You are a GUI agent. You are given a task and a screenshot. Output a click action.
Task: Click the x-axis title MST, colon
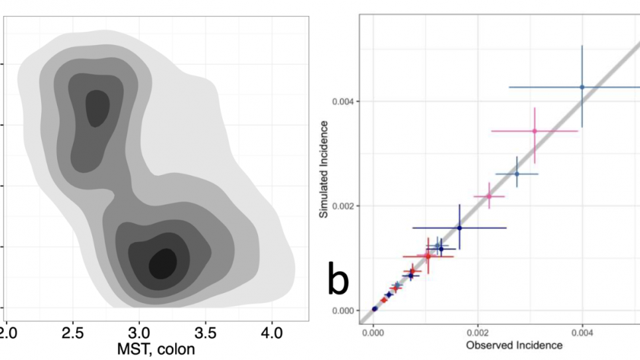coord(156,347)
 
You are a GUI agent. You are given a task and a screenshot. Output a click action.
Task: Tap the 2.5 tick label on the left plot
coord(72,330)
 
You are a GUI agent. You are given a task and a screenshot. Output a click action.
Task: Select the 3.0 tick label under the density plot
coord(139,330)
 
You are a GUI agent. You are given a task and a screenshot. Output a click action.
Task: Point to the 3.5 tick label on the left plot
coord(206,330)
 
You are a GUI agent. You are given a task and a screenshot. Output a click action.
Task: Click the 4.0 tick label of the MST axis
coord(272,330)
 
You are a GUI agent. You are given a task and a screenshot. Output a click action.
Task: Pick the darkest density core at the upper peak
coord(97,107)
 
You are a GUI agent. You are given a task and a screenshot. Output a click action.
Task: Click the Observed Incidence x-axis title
coord(515,345)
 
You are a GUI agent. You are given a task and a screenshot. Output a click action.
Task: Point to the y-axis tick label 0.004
coord(344,101)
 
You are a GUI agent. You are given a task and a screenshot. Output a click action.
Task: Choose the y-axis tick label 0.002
coord(344,206)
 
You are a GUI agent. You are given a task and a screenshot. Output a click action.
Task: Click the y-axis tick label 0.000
coord(344,310)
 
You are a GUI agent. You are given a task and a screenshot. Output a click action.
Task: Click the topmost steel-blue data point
coord(582,87)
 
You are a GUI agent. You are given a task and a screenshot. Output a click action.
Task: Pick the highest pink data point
coord(535,131)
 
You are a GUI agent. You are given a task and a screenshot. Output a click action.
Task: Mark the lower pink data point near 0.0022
coord(489,196)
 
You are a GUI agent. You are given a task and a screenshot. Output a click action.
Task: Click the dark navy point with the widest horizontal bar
coord(459,228)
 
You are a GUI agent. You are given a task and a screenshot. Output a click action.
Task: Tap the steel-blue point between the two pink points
coord(517,174)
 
